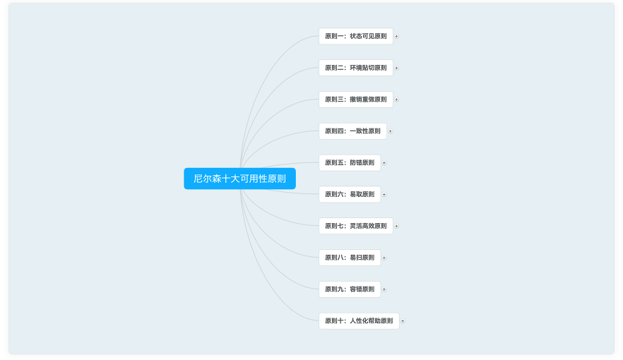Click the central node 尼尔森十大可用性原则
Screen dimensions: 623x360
coord(239,179)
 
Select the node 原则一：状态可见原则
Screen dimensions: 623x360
coord(356,36)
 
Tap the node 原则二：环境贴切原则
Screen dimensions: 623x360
coord(356,68)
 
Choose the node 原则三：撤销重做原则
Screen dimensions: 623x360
coord(356,100)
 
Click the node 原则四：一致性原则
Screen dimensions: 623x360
coord(353,131)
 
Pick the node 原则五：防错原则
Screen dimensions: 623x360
coord(350,163)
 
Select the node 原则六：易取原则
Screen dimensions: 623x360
coord(350,194)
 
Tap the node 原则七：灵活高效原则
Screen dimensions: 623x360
coord(356,226)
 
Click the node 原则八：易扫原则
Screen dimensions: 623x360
coord(350,258)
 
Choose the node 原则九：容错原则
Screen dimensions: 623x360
coord(350,289)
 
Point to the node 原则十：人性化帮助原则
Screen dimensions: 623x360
coord(359,320)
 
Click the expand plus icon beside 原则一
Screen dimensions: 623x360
coord(396,36)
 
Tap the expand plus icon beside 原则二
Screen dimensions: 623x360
coord(396,68)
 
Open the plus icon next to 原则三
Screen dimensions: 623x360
coord(396,100)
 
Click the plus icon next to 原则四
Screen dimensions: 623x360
coord(390,131)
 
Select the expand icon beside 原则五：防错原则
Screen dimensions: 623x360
coord(384,163)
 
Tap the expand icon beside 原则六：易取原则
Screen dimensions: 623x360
coord(384,194)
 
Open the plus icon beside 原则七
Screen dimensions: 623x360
coord(396,226)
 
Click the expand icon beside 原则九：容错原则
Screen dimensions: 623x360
coord(384,289)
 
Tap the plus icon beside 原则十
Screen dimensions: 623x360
coord(403,320)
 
